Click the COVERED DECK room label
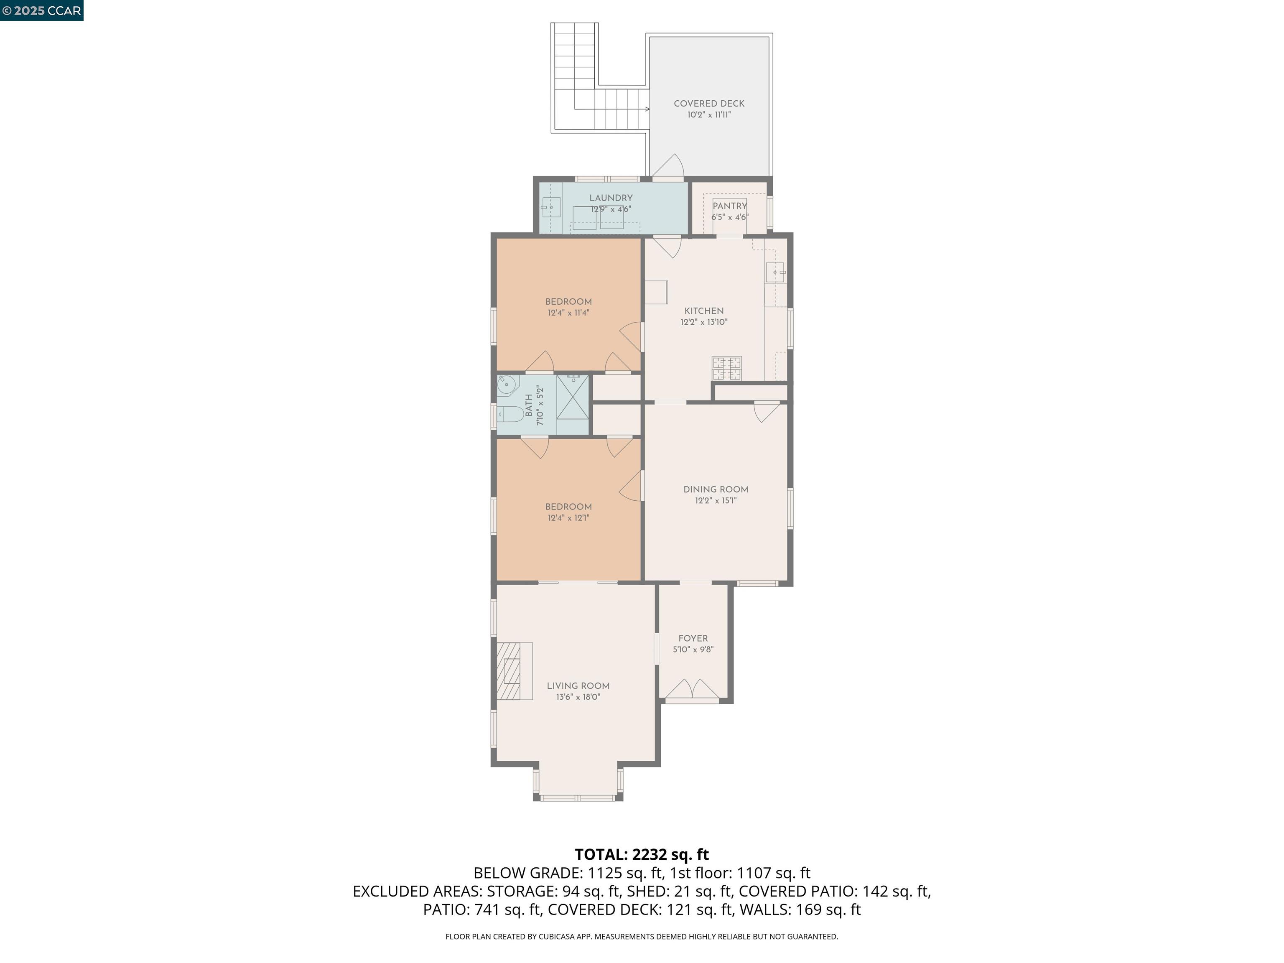[x=709, y=103]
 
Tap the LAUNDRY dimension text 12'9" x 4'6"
[x=611, y=209]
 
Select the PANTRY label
[x=730, y=206]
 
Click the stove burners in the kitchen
[x=727, y=368]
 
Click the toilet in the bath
[x=511, y=415]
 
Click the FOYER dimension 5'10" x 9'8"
[x=693, y=650]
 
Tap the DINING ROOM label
[x=716, y=489]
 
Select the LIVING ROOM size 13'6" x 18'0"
[x=578, y=697]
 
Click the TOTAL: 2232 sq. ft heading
[x=642, y=854]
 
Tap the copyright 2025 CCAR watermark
[x=41, y=10]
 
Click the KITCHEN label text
[x=703, y=311]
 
